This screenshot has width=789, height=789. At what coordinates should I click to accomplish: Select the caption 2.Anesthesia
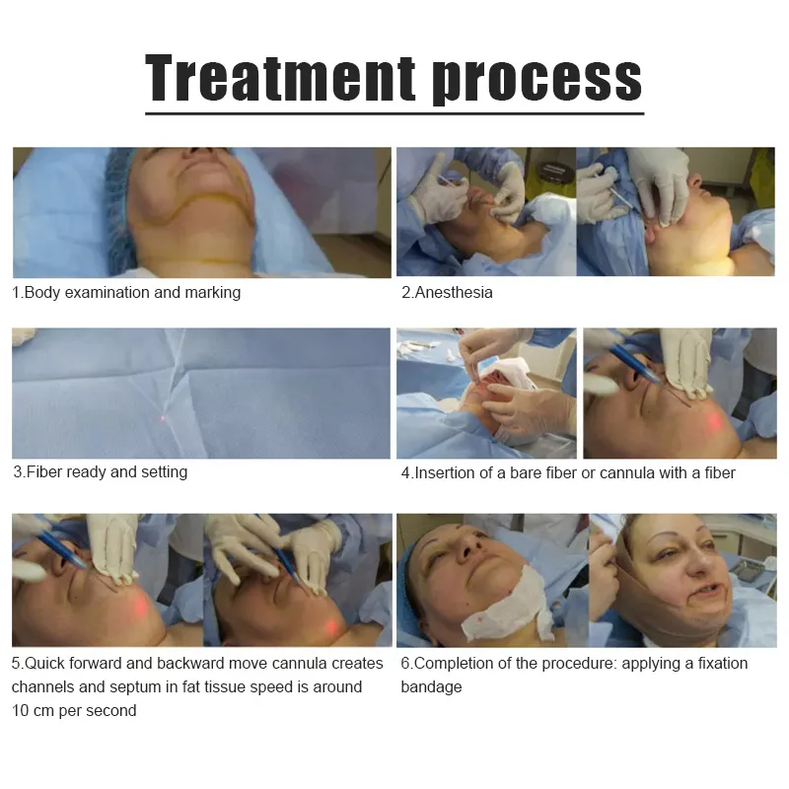click(447, 293)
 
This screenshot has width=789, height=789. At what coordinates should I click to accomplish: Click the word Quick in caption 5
click(43, 664)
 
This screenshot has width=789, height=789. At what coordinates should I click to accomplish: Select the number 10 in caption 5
click(21, 711)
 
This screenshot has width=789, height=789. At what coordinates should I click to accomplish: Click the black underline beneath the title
click(394, 113)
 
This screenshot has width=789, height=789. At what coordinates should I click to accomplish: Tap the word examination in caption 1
click(132, 293)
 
